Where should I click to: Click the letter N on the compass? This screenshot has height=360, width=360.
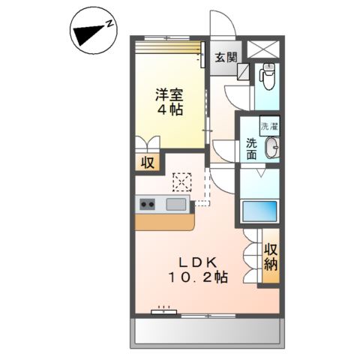coord(109,24)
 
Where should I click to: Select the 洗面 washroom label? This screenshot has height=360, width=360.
coord(250,149)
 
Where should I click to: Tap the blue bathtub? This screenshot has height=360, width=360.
coord(259,210)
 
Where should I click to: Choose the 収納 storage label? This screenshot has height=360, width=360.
coord(271,256)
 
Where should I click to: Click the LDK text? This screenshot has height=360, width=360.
coord(197,262)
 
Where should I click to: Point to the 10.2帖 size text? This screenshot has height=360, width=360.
coord(197,277)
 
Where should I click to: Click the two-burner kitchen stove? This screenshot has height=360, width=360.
coord(147,203)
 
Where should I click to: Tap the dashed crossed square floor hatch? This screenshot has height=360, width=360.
coord(182,182)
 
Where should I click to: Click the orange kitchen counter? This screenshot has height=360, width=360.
coord(164,222)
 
